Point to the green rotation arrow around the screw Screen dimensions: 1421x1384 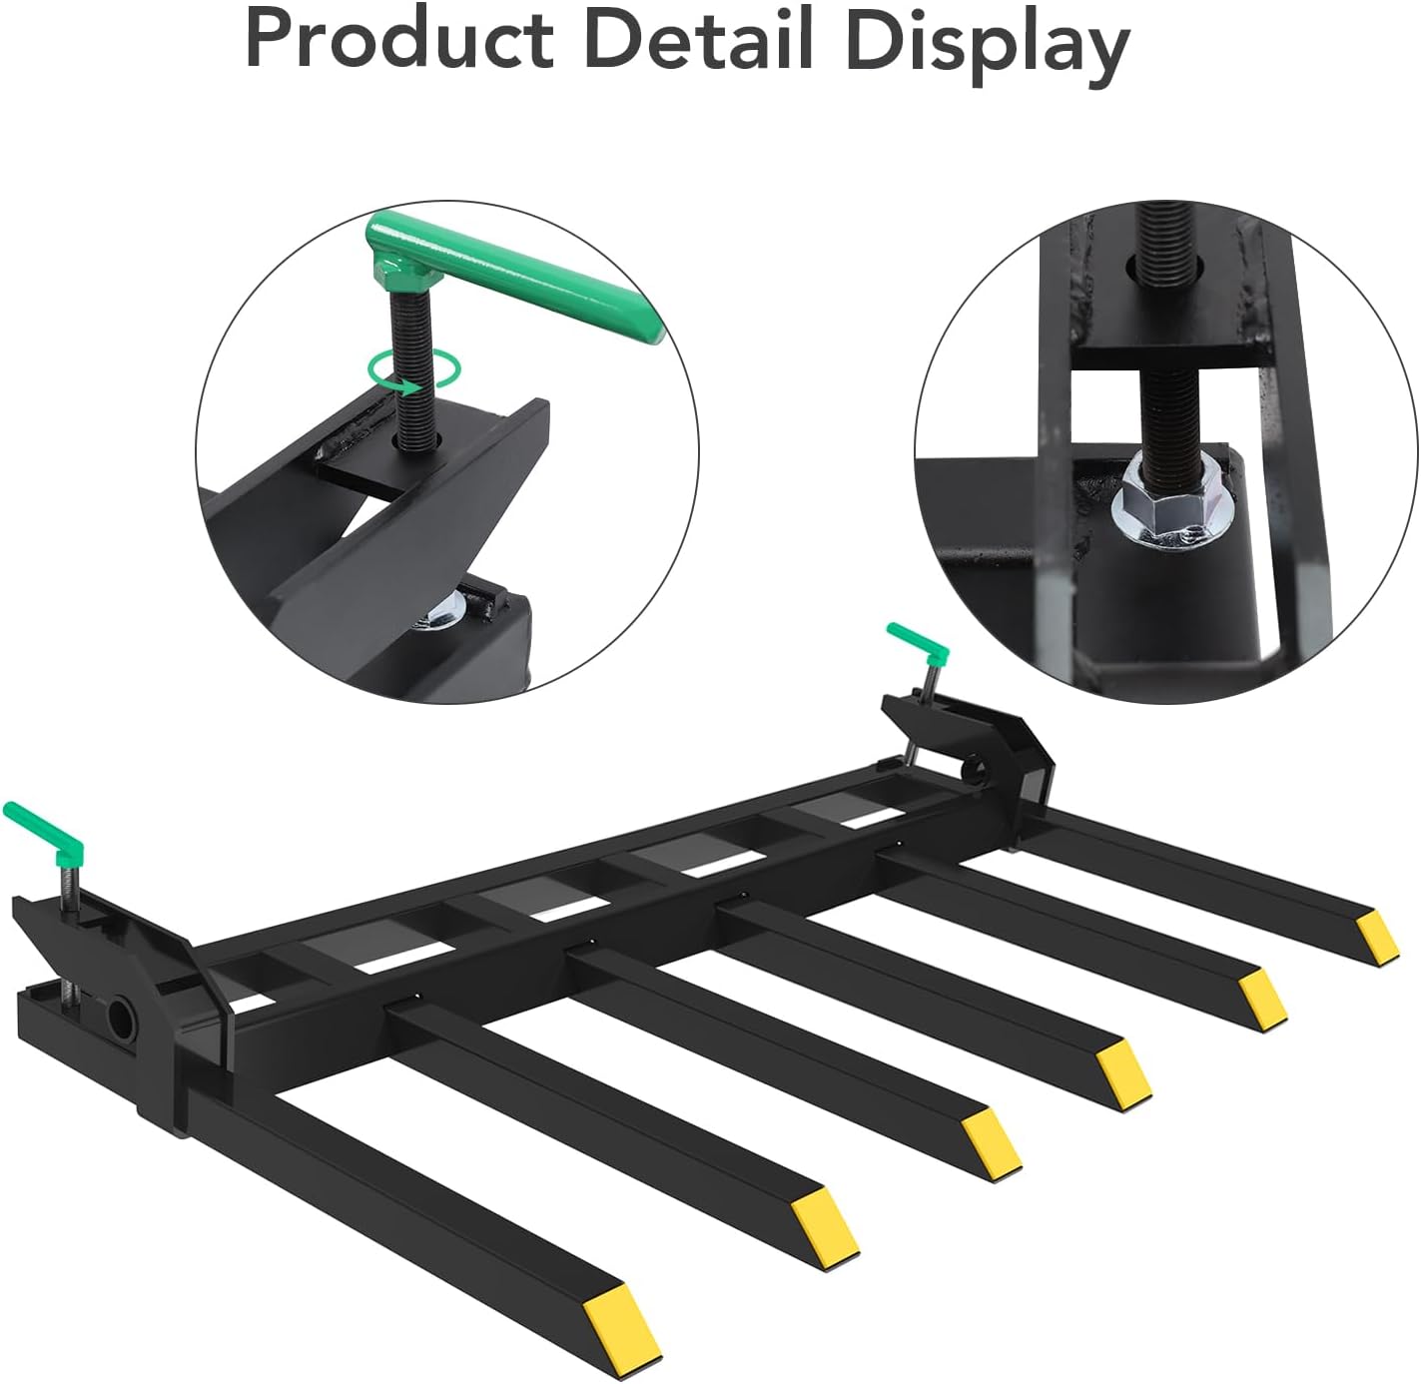tap(414, 368)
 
